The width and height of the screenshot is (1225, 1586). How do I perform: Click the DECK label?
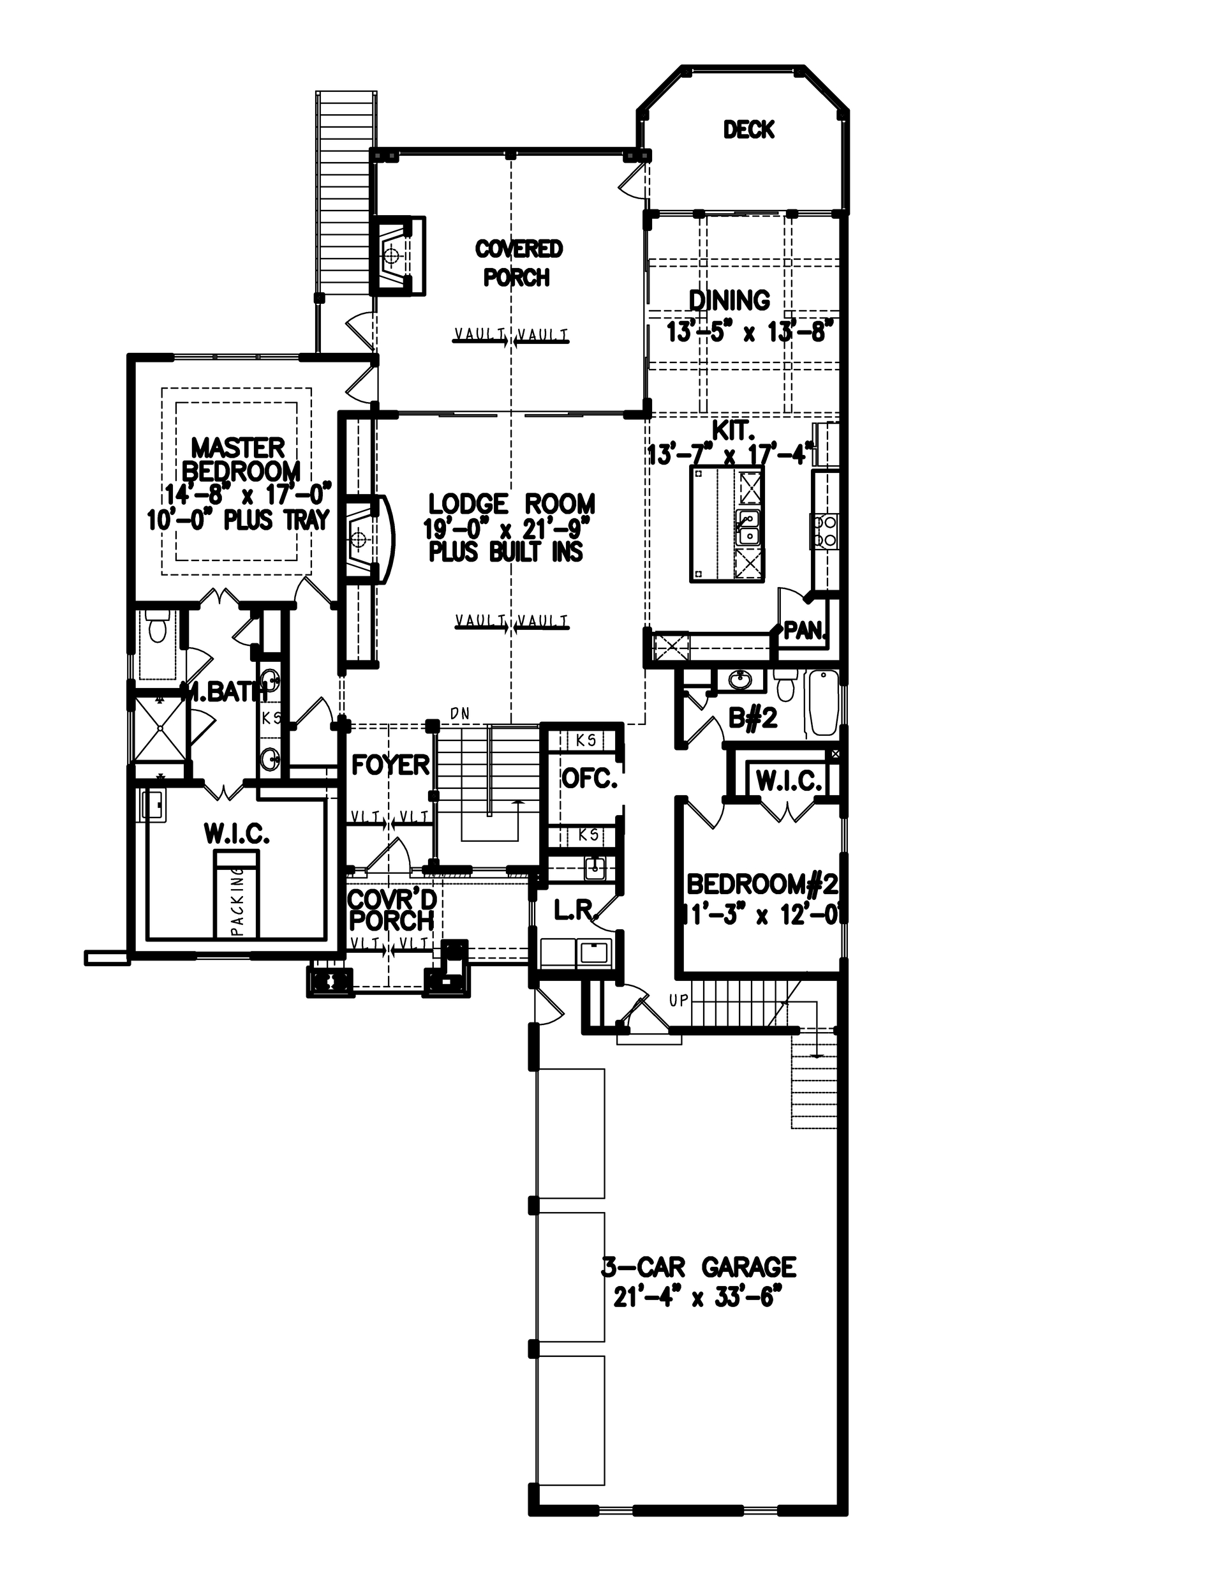pyautogui.click(x=748, y=130)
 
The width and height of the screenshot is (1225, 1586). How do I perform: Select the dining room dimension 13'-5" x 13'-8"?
pyautogui.click(x=747, y=333)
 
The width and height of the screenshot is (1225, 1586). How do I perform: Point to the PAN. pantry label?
pyautogui.click(x=805, y=631)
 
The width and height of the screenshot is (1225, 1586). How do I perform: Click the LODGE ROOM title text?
pyautogui.click(x=511, y=504)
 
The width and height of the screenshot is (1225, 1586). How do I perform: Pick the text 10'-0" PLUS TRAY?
pyautogui.click(x=239, y=521)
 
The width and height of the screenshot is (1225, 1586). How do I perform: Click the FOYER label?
pyautogui.click(x=390, y=765)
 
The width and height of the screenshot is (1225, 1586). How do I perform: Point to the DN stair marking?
pyautogui.click(x=459, y=714)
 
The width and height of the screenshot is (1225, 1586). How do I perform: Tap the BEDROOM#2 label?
pyautogui.click(x=762, y=885)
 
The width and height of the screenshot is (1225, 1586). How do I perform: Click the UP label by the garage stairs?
pyautogui.click(x=678, y=1001)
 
